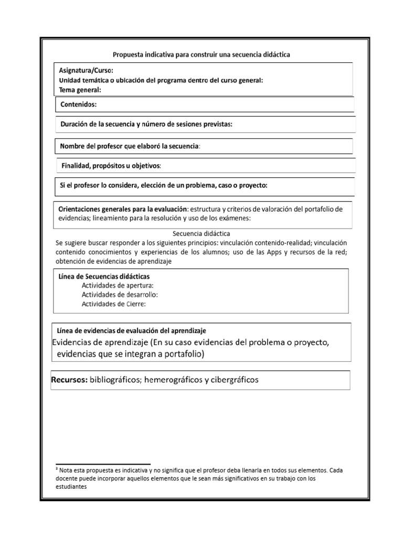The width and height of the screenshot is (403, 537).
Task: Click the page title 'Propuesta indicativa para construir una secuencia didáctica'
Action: pos(201,54)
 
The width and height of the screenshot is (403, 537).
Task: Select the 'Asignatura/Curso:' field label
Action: pos(86,70)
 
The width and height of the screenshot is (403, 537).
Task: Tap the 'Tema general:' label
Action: pos(80,90)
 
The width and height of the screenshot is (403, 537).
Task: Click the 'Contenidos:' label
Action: pos(79,104)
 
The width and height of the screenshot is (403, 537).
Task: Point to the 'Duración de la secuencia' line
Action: pos(146,124)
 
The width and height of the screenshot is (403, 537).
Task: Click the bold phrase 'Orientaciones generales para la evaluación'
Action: pos(122,208)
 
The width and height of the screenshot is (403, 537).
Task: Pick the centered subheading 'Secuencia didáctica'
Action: pos(201,233)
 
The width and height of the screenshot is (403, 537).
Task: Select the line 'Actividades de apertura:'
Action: pos(118,285)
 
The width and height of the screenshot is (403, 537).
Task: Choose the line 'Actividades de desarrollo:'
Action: pos(120,294)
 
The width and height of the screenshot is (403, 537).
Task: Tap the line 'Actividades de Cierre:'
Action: pos(114,303)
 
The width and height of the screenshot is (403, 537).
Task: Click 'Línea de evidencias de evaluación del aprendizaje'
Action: pos(131,330)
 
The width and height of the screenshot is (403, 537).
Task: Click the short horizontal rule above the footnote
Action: pos(103,464)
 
